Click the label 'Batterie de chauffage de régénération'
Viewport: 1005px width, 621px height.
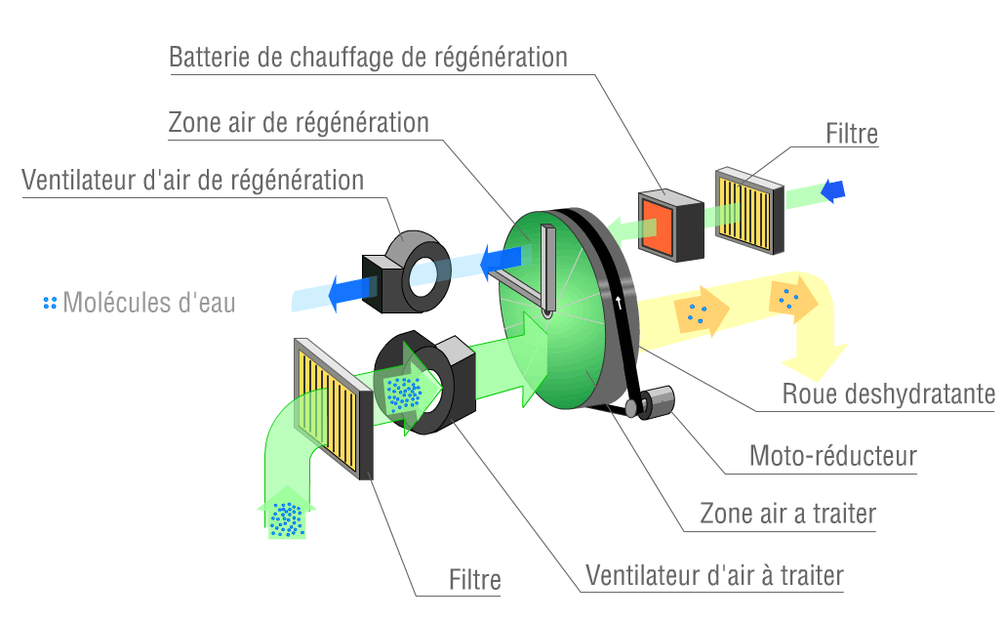368,58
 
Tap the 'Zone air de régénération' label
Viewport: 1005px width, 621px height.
299,124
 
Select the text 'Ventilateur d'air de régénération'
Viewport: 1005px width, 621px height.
192,181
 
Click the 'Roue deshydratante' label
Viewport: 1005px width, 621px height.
888,394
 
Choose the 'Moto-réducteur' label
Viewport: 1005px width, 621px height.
833,455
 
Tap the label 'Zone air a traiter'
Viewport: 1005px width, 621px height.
787,514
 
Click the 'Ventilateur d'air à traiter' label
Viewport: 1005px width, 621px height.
713,575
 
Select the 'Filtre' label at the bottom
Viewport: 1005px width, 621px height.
475,581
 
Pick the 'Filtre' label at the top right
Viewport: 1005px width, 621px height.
852,135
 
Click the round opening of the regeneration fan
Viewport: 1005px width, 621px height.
424,276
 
